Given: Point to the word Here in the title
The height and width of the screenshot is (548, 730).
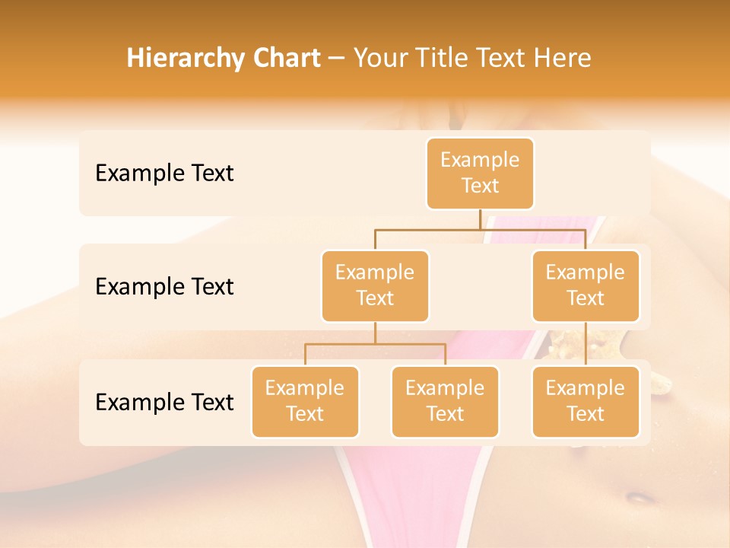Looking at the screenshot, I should point(562,59).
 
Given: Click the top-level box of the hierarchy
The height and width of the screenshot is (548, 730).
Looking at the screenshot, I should point(480,174).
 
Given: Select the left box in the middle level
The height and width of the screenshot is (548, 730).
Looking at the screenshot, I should point(375,286).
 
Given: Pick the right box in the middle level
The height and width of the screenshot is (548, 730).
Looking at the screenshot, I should point(586,286).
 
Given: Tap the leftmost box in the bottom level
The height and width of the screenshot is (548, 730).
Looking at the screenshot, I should point(305,402).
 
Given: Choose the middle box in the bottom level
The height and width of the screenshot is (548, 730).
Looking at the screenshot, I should point(445,402).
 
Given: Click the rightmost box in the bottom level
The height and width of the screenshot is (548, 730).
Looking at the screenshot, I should point(586,402).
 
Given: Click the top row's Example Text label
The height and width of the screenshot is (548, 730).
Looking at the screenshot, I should point(164,174).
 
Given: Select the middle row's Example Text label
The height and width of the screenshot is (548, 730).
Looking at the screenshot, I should point(164,287).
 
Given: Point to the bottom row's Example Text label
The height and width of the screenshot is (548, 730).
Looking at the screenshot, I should point(164,402).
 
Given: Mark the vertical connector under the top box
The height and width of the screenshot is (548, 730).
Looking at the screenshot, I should point(480,219).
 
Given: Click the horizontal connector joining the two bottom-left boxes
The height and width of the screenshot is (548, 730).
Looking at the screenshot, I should point(375,344).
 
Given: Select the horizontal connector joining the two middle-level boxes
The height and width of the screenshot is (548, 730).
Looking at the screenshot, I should point(480,229).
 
